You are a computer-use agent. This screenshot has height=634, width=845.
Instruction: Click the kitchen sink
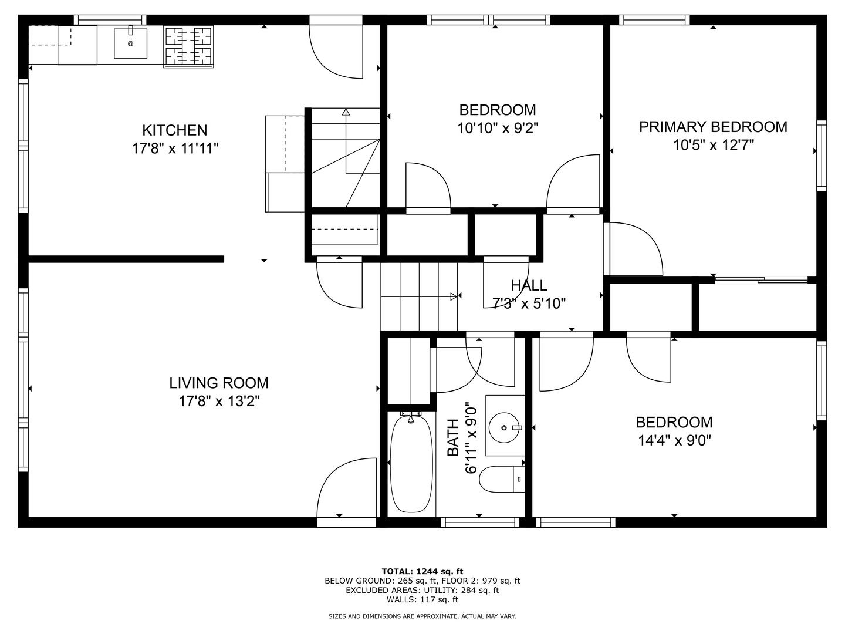point(130,43)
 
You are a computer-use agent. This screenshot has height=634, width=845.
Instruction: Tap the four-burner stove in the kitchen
point(188,46)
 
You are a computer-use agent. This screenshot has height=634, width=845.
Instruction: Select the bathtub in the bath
point(411,463)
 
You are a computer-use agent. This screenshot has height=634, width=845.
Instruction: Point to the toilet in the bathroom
point(502,479)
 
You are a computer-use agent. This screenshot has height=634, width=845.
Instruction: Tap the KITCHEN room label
point(175,130)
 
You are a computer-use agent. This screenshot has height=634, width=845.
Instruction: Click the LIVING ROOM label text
point(219,383)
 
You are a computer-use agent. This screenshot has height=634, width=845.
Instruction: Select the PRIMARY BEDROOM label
point(713,127)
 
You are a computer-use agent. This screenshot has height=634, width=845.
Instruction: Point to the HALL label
point(529,286)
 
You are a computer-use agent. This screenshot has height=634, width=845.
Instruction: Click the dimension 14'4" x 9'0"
point(674,440)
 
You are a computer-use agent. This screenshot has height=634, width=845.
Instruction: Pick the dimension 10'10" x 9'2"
point(498,128)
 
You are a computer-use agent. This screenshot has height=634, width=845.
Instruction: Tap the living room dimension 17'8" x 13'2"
point(219,402)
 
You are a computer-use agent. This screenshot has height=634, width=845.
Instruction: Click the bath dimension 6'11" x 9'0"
point(471,438)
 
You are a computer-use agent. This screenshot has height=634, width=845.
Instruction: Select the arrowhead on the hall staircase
point(454,296)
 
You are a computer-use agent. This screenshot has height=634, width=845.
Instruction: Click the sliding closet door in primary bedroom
point(761,280)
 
